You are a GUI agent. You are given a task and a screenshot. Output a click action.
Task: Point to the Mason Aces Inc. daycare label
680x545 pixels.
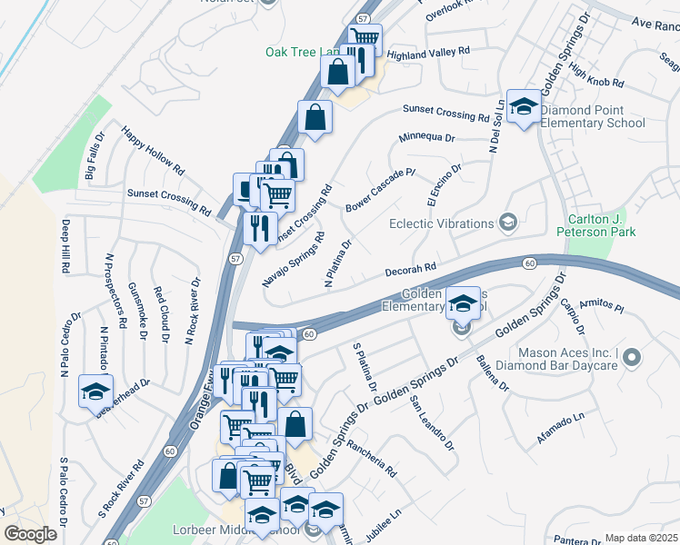tap(567, 359)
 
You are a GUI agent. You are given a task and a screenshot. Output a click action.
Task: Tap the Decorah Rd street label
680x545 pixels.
tap(411, 268)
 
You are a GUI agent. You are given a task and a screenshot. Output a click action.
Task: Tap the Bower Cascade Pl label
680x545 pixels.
tap(380, 190)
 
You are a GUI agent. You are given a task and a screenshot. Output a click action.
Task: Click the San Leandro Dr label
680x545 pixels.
tap(431, 421)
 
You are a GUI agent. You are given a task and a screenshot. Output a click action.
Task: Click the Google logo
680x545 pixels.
tap(30, 534)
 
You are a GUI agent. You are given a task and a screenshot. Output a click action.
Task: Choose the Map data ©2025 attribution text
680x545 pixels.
tap(642, 538)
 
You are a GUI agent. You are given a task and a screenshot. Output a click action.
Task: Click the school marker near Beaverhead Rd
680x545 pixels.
tap(95, 391)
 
